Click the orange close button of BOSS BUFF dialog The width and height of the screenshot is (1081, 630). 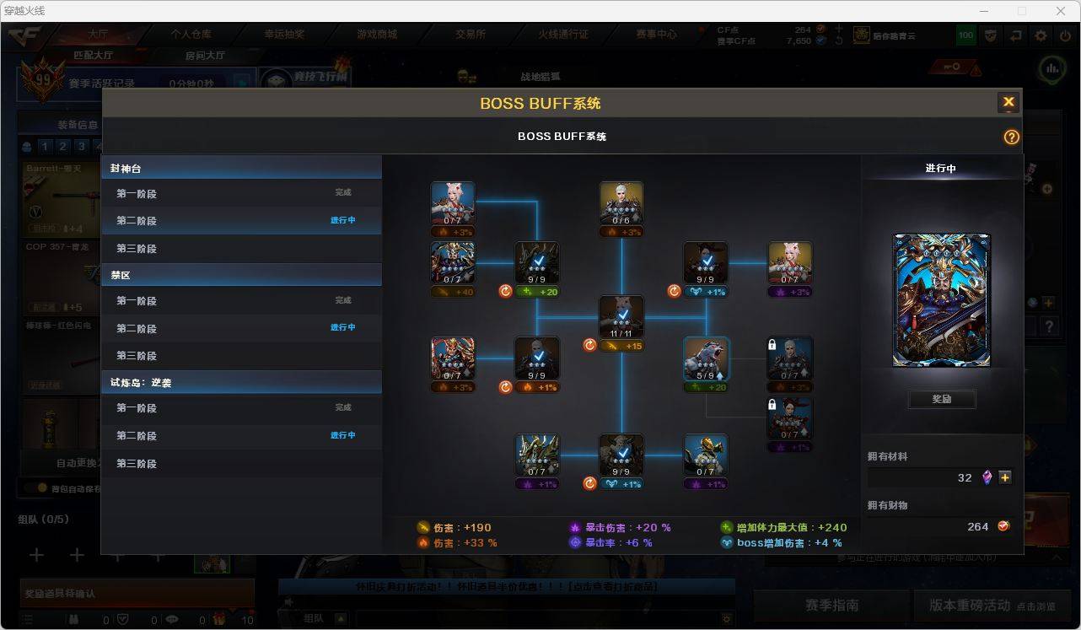tap(1008, 103)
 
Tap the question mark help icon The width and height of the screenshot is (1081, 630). tap(1011, 137)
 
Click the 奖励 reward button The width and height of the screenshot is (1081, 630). tap(941, 399)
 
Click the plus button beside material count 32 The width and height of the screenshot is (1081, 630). tap(1005, 477)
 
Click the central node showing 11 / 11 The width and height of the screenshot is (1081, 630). tap(621, 317)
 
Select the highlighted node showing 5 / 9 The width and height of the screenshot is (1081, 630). tap(706, 359)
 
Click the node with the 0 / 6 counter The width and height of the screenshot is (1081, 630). tap(621, 203)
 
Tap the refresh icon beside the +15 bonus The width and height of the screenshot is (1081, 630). tap(589, 345)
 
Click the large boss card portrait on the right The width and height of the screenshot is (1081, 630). tap(941, 300)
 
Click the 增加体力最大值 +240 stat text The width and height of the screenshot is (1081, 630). tap(783, 528)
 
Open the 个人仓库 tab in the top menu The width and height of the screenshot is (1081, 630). tap(191, 35)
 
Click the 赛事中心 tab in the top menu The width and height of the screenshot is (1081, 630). tap(656, 35)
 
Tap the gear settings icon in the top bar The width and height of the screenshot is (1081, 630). tap(1041, 35)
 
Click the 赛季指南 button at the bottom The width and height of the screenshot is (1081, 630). tap(831, 605)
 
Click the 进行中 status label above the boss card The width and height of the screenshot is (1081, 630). tap(940, 168)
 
